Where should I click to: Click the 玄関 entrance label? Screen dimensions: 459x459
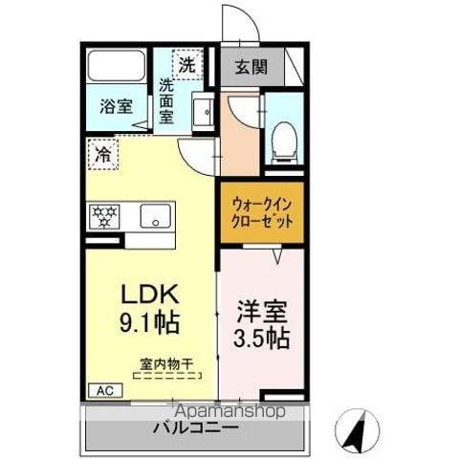[x=252, y=68]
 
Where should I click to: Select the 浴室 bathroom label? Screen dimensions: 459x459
[x=118, y=107]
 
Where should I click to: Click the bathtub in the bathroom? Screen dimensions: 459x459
[x=117, y=66]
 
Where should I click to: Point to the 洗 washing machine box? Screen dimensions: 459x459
[x=186, y=65]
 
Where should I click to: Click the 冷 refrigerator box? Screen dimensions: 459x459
[x=102, y=153]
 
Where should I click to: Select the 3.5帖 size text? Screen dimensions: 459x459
[x=261, y=339]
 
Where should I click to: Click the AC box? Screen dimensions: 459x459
[x=100, y=390]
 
